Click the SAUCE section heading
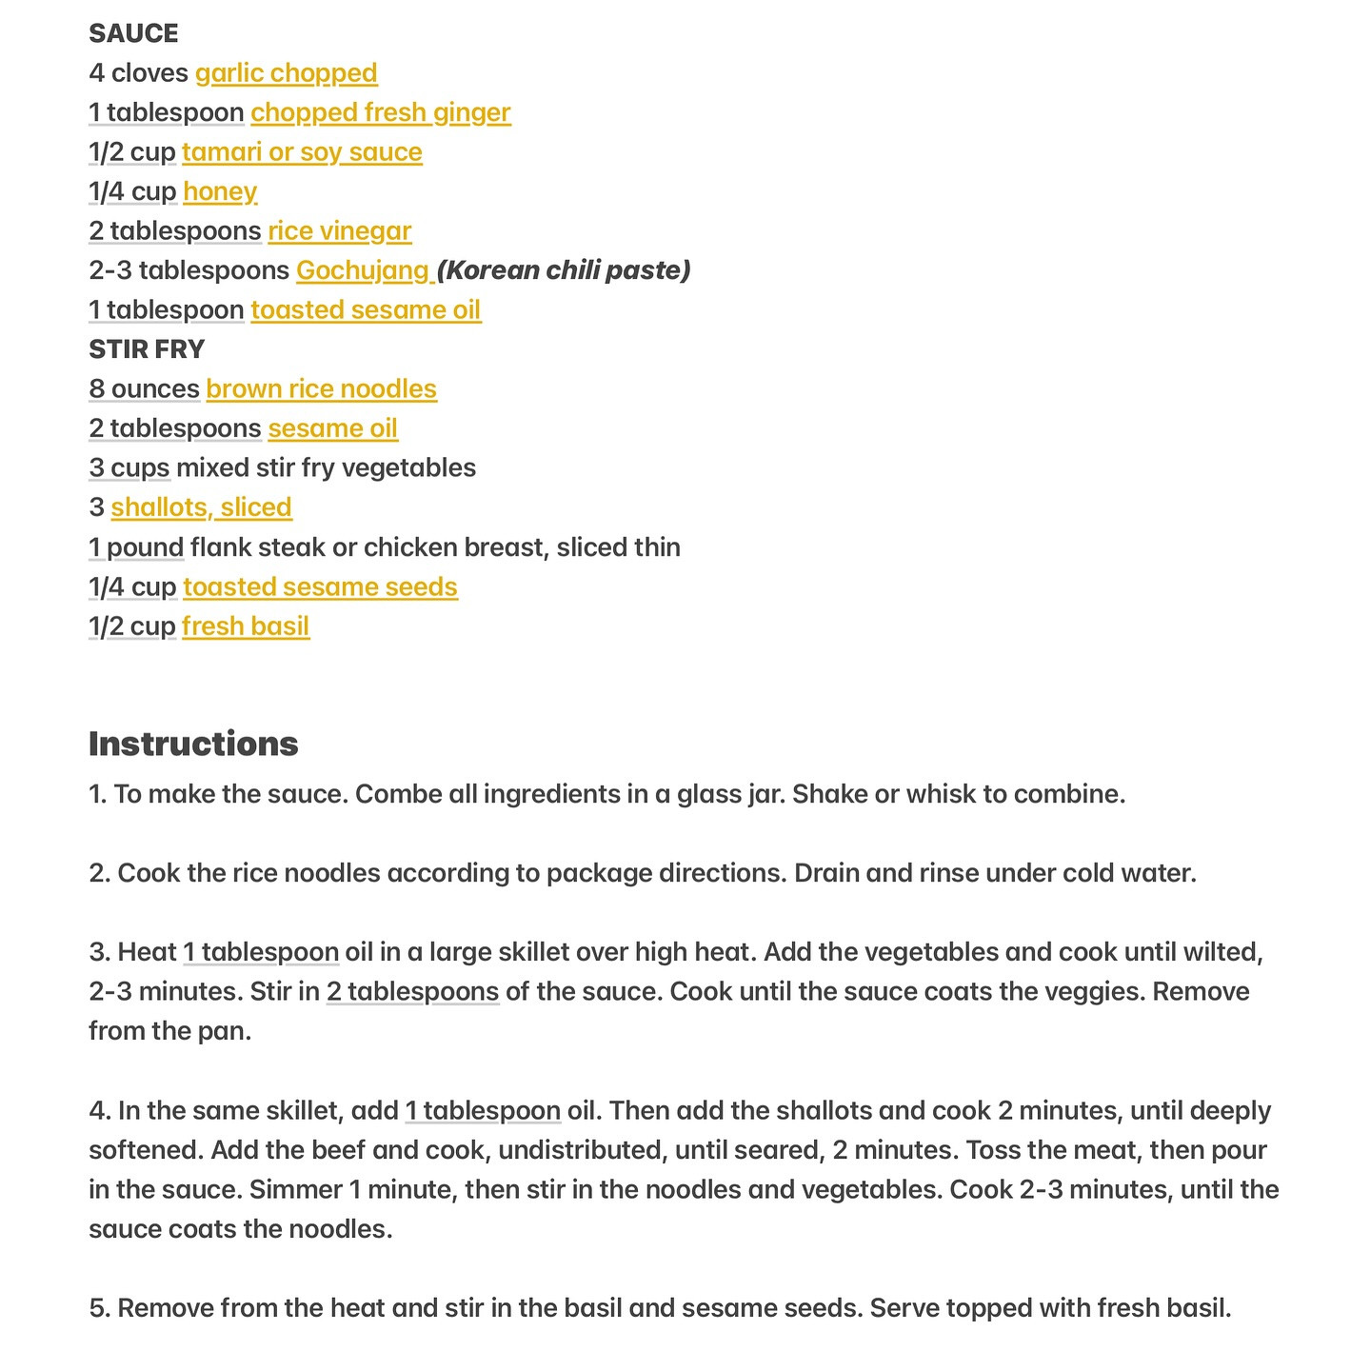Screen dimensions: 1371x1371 pyautogui.click(x=133, y=33)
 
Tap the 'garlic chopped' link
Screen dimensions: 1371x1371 pyautogui.click(x=286, y=73)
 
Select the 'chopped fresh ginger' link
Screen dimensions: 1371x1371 pyautogui.click(x=380, y=112)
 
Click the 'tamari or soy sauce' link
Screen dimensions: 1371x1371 pyautogui.click(x=302, y=152)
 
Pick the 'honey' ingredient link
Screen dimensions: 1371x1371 pyautogui.click(x=220, y=191)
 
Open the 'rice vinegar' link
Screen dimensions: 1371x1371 pyautogui.click(x=339, y=231)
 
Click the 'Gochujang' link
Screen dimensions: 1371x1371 pyautogui.click(x=364, y=270)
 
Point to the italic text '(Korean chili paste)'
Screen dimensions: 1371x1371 pyautogui.click(x=564, y=270)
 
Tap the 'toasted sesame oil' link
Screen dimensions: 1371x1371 pyautogui.click(x=366, y=310)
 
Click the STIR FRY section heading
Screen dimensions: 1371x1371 pyautogui.click(x=147, y=349)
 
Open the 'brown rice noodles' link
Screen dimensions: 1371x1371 pyautogui.click(x=321, y=389)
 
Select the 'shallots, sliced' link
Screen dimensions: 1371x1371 pyautogui.click(x=201, y=507)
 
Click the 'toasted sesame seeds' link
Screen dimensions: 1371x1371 pyautogui.click(x=320, y=586)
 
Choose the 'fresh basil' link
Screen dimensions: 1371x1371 pyautogui.click(x=246, y=626)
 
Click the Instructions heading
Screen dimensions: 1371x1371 pyautogui.click(x=193, y=744)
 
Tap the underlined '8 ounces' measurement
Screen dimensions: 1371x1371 pyautogui.click(x=144, y=389)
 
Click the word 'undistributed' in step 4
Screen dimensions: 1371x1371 pyautogui.click(x=580, y=1150)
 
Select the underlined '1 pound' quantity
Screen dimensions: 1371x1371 pyautogui.click(x=136, y=547)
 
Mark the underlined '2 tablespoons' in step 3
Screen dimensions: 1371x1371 pyautogui.click(x=412, y=992)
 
